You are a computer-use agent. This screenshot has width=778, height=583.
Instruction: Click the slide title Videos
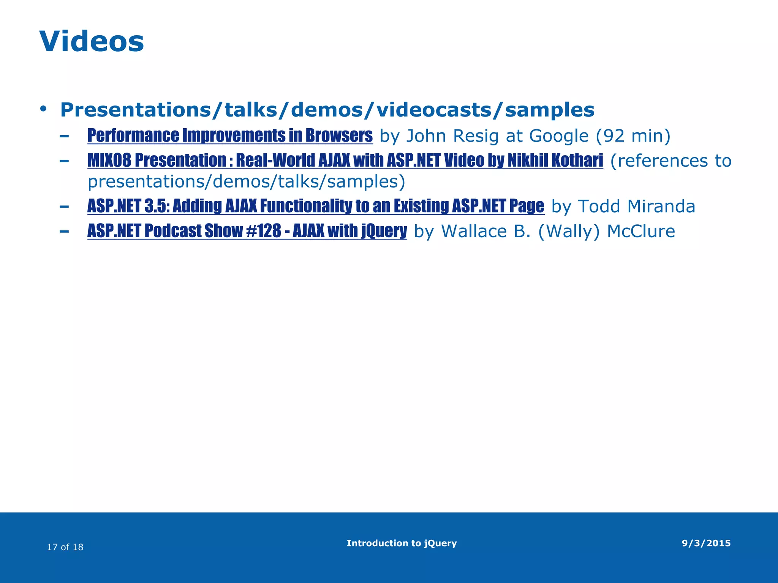tap(92, 41)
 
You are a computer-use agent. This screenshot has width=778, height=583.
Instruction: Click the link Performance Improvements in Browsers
tap(230, 136)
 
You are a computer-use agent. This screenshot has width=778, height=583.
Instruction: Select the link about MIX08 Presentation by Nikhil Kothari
tap(345, 161)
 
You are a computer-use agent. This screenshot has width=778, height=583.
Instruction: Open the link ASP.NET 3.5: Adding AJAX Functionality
tap(315, 206)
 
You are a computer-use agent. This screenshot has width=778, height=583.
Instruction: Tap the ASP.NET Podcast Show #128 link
tap(247, 231)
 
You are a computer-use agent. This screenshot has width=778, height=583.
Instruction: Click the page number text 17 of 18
tap(65, 547)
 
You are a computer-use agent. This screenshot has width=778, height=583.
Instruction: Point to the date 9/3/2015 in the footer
tap(706, 543)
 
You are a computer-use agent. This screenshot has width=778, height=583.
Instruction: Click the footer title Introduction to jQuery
tap(402, 543)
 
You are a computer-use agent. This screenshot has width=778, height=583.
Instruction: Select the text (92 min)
tap(633, 136)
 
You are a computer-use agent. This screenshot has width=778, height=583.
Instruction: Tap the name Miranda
tap(661, 206)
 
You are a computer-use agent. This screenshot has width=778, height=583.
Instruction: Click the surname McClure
tap(641, 231)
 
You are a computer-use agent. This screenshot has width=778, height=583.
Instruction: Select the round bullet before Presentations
tap(43, 109)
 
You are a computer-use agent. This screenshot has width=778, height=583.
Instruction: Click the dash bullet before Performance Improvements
tap(64, 136)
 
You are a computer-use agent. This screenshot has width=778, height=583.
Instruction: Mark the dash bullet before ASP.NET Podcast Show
tap(64, 231)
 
